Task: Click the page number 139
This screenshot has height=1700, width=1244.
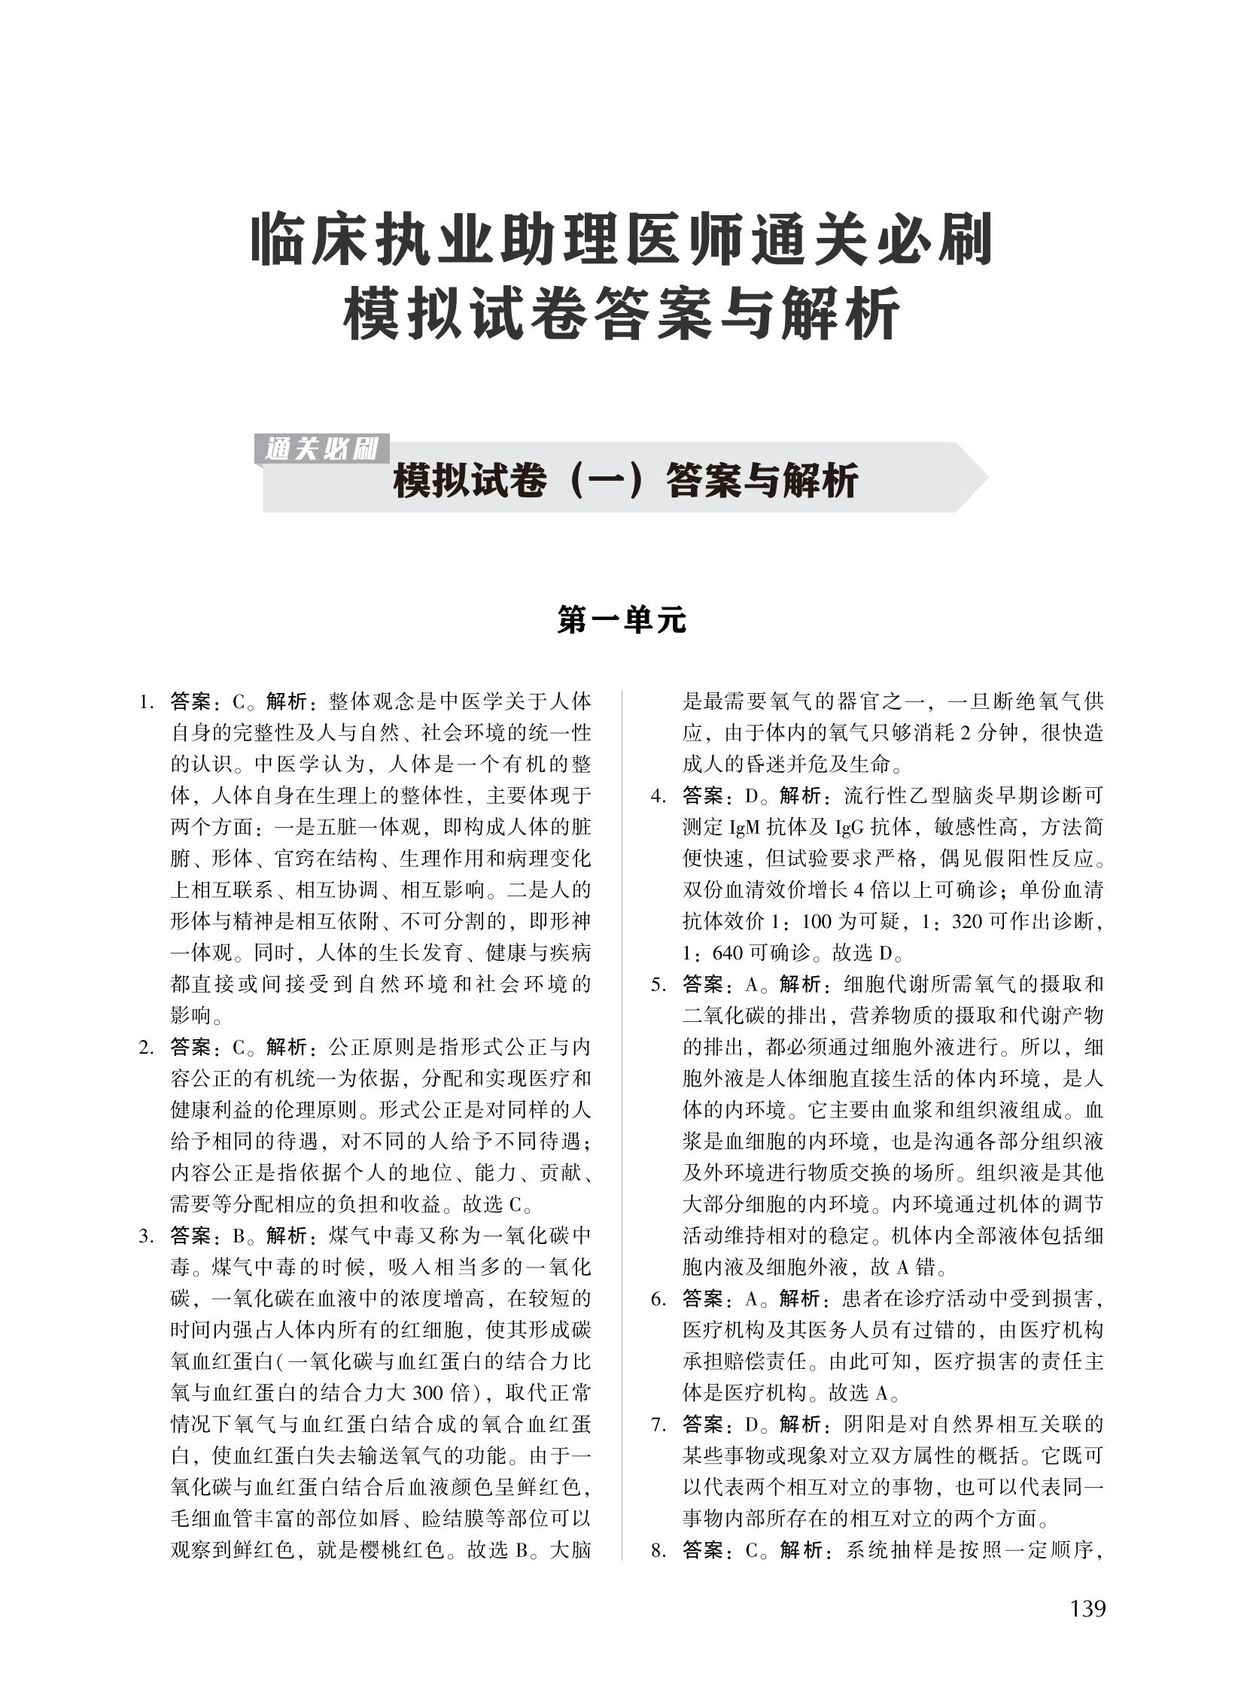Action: point(1087,1609)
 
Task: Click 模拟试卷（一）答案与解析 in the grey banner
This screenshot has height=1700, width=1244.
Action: point(625,481)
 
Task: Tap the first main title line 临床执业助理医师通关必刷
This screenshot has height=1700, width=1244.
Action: point(622,240)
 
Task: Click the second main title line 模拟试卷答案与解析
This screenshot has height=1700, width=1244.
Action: point(622,312)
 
